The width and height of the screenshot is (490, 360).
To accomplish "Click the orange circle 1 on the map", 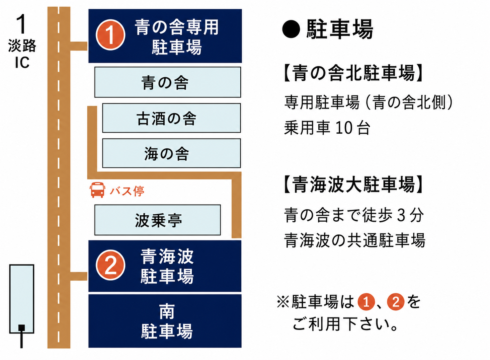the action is (110, 35).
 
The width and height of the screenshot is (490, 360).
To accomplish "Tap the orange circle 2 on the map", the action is (110, 265).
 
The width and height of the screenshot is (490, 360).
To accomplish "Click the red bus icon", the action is (97, 190).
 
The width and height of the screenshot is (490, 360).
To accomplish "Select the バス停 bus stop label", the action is (127, 191).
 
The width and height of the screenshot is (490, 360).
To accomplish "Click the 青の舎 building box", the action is (168, 82).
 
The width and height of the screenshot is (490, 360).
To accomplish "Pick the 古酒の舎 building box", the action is (171, 118).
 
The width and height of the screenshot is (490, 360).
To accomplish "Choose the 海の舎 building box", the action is (171, 153).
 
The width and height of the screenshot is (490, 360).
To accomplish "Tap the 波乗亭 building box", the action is (158, 220).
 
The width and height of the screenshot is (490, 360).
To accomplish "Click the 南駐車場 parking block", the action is (165, 321).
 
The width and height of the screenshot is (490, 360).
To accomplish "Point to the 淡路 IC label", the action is (22, 54).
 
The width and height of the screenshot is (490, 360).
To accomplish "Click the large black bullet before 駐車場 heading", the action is (291, 29).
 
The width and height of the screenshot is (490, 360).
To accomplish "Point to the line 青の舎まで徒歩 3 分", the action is (354, 215).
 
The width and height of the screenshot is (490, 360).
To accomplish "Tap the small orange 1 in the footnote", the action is (366, 302).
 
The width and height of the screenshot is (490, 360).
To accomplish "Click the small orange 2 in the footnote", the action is (396, 302).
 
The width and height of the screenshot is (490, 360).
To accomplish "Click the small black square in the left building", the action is (21, 328).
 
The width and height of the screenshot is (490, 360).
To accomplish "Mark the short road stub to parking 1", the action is (79, 46).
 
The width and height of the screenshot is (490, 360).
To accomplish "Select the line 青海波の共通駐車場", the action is (354, 240).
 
